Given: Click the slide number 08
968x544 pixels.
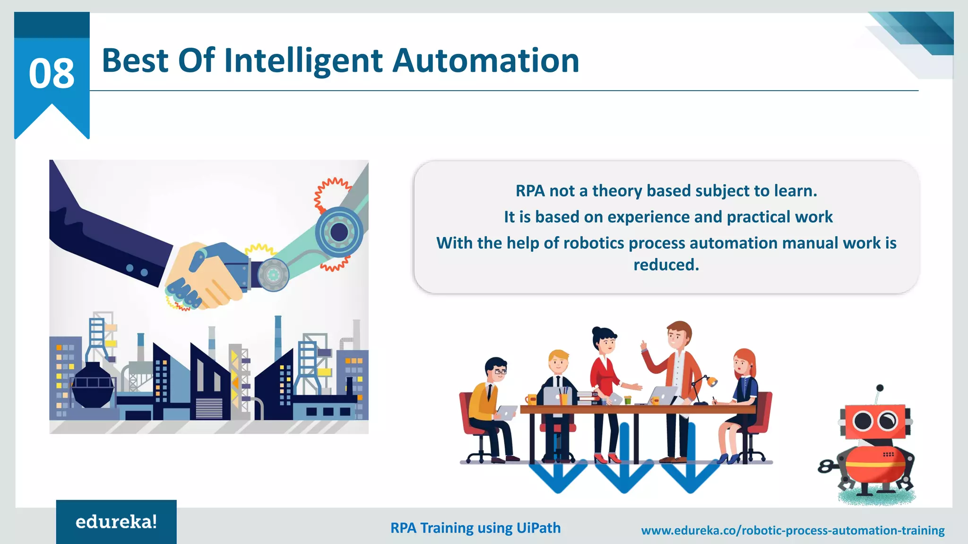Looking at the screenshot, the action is point(52,73).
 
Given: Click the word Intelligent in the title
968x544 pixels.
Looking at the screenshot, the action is point(303,61).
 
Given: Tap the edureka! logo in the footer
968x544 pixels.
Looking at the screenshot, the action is point(116,522).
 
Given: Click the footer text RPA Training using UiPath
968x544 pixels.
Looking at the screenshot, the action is point(475,527).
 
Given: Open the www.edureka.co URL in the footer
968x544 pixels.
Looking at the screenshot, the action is point(793,530).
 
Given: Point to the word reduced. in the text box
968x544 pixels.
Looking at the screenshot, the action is point(666,265).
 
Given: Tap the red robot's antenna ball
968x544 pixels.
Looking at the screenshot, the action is point(880,388).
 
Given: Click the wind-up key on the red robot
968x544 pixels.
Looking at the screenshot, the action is point(825,467).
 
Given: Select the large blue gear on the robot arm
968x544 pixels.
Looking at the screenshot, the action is point(339,232).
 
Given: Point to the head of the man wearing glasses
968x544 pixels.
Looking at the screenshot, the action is point(496,370).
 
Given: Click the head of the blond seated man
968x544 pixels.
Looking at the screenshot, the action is point(559,362).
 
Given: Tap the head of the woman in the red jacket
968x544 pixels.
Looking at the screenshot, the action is point(605,340).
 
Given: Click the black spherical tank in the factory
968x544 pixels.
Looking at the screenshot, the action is point(93,385).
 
